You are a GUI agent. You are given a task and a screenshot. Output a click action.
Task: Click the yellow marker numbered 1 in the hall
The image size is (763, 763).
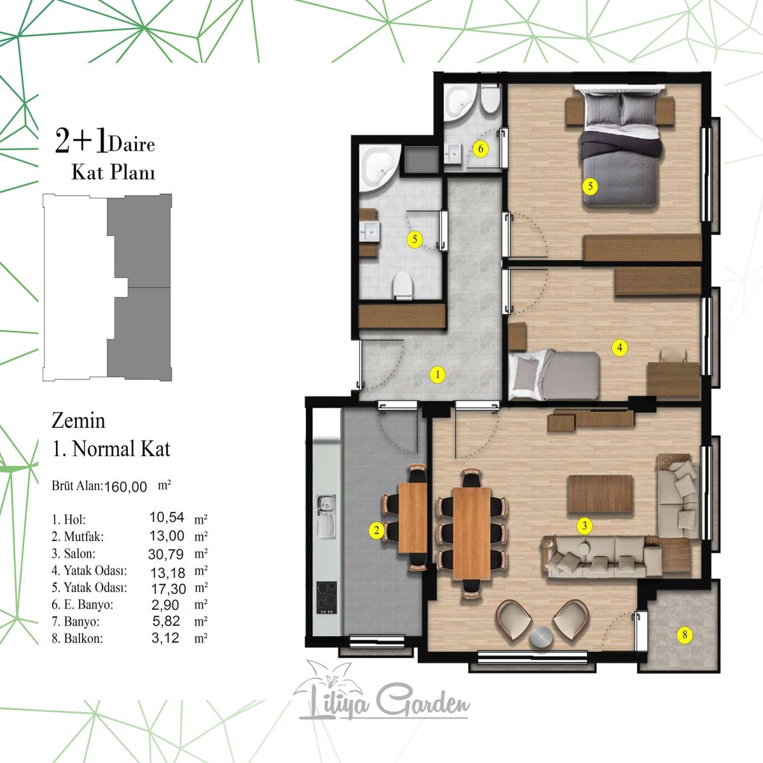click(437, 375)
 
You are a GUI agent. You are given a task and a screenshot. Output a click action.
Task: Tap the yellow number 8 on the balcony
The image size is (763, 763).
click(685, 635)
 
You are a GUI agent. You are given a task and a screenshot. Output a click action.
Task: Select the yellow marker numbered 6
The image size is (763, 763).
click(481, 149)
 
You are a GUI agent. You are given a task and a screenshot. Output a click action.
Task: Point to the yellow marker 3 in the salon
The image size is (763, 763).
click(584, 526)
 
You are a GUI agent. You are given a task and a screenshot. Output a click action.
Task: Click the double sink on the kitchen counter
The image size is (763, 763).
click(326, 516)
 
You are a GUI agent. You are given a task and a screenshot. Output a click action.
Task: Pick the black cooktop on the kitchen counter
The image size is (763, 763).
click(327, 598)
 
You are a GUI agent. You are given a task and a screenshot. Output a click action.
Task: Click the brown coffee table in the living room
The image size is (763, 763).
click(600, 494)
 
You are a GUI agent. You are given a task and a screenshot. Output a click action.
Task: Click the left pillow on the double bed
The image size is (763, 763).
click(602, 109)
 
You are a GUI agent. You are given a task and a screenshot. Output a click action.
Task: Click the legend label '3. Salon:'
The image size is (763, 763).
click(73, 554)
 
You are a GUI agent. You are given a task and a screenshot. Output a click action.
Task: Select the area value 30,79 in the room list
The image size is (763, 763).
click(166, 554)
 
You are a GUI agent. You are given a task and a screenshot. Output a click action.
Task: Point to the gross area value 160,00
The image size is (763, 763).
click(125, 486)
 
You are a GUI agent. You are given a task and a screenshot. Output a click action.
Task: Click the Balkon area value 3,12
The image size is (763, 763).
click(165, 638)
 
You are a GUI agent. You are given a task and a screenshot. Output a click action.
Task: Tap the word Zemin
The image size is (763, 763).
click(78, 421)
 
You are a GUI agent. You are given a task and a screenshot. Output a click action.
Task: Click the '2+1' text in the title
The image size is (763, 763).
click(81, 142)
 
